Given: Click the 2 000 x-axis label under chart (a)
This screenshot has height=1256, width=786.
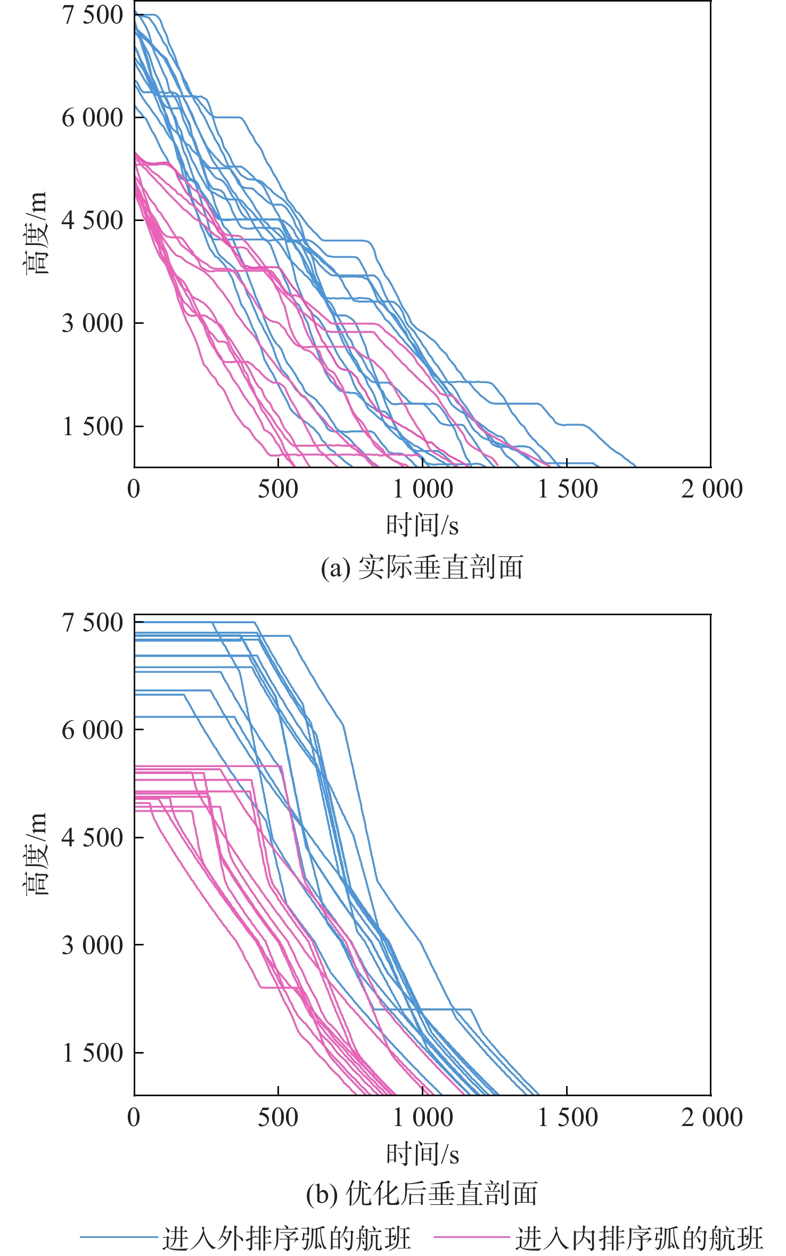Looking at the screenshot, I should (x=711, y=489).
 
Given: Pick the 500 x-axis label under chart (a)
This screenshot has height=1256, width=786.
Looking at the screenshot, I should (x=278, y=489).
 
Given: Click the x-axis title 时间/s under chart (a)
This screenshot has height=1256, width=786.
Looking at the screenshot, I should (x=422, y=525).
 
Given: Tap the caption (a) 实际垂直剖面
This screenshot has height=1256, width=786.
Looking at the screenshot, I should (x=422, y=567).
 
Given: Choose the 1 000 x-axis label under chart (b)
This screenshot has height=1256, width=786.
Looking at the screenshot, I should (x=422, y=1116).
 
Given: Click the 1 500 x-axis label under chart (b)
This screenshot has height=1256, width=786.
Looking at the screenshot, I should (x=567, y=1116).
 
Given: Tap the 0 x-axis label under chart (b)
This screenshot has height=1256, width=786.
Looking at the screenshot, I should (x=134, y=1116).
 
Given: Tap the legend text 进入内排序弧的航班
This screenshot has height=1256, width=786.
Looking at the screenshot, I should (x=639, y=1237).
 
